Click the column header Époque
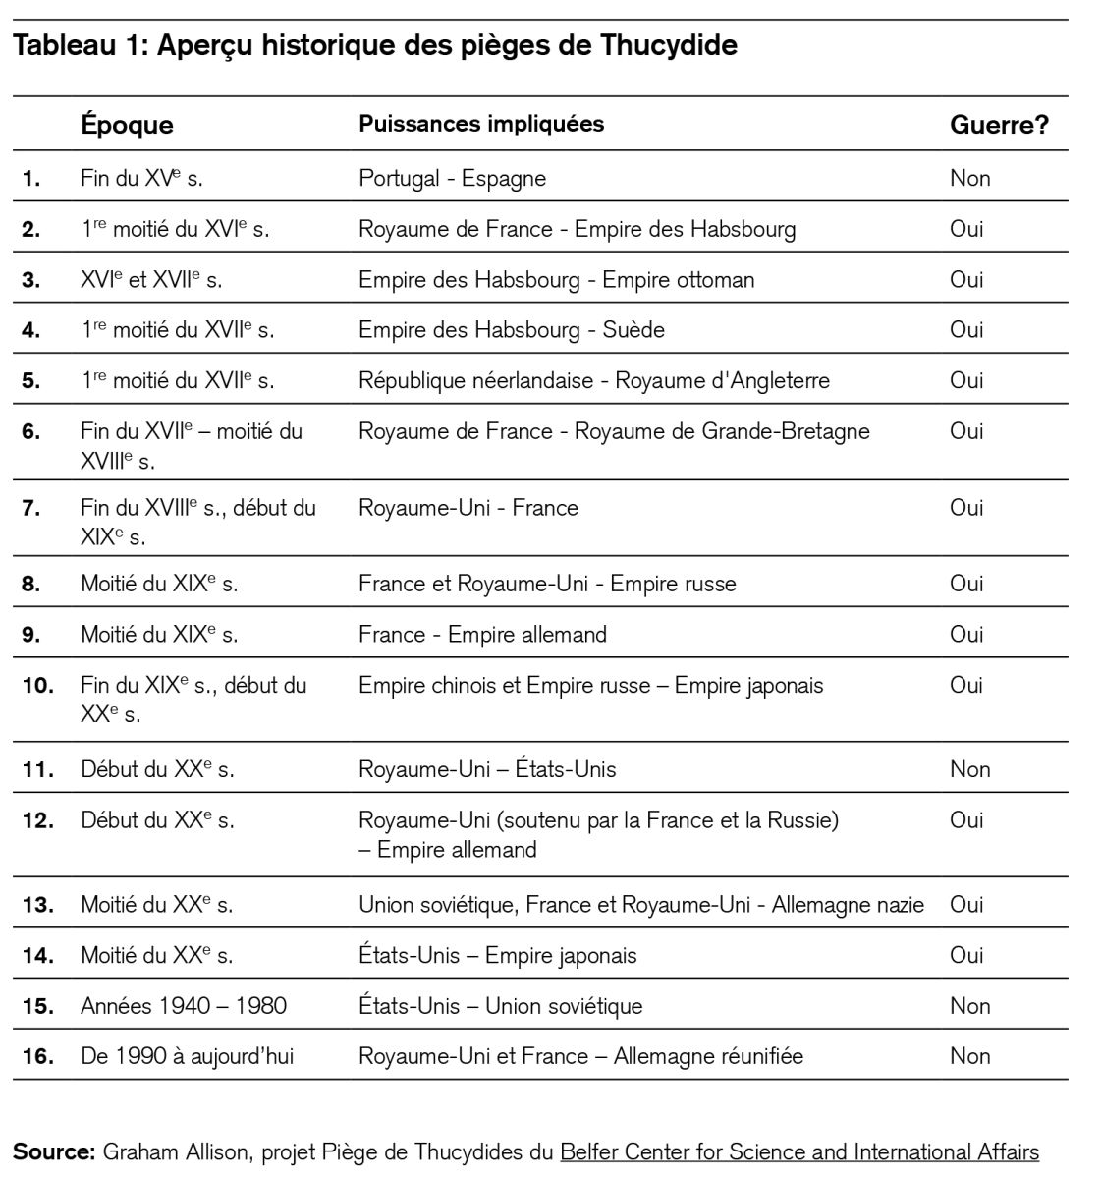point(127,125)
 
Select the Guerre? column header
point(998,125)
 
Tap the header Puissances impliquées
point(481,124)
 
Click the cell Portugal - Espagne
point(452,178)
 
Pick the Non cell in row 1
point(969,178)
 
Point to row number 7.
point(31,508)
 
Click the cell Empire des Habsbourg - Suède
point(511,329)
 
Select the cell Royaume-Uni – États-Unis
point(487,769)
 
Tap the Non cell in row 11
point(969,769)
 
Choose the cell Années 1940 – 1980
point(184,1006)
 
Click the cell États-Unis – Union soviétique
point(500,1006)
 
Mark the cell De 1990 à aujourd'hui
point(187,1056)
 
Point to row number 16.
point(37,1056)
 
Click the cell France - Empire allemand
point(482,634)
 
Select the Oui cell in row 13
point(965,904)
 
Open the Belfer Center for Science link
point(798,1151)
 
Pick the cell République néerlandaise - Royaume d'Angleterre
point(593,380)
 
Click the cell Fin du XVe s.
point(141,178)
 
